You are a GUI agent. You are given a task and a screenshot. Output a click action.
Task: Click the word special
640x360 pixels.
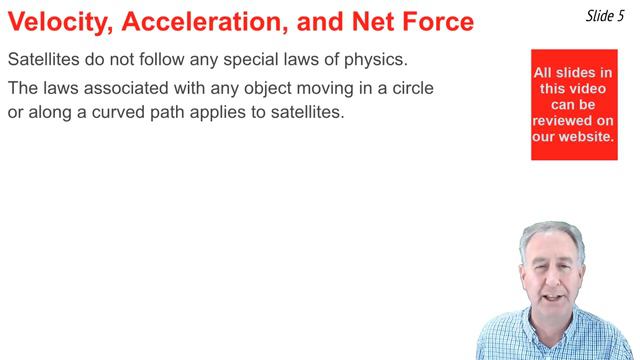246,59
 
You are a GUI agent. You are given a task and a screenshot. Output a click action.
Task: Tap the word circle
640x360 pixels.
409,88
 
